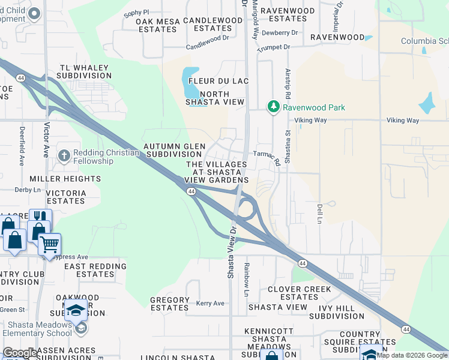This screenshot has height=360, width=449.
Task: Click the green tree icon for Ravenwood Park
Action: [274, 107]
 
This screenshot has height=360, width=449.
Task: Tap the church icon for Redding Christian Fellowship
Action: [64, 156]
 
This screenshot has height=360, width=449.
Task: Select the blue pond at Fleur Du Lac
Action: [190, 83]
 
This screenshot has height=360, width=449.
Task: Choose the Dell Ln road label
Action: [319, 214]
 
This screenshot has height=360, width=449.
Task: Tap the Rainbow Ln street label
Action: [247, 279]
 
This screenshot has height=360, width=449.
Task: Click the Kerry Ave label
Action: [210, 304]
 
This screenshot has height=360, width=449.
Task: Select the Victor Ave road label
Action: [46, 140]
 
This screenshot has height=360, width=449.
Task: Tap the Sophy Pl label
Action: [136, 12]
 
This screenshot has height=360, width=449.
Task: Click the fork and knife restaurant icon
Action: [40, 218]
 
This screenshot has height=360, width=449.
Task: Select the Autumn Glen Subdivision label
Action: [174, 150]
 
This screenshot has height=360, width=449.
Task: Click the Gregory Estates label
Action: [170, 304]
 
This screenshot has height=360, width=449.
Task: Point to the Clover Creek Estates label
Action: [300, 293]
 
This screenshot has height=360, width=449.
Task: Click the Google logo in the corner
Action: [20, 353]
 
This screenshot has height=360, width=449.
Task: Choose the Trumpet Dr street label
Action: [274, 47]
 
